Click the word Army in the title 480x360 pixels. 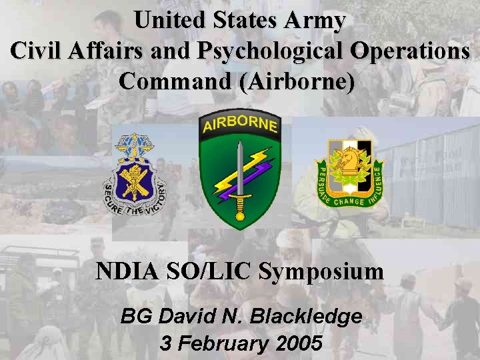click(315, 21)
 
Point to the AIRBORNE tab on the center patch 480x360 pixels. click(239, 123)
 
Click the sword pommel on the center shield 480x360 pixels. click(239, 215)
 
